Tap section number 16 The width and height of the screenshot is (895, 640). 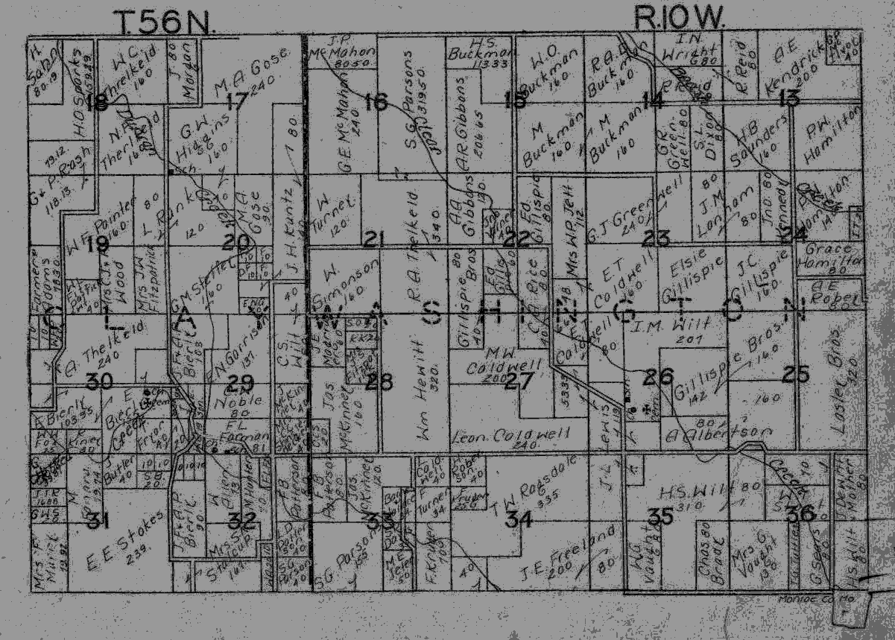pos(376,101)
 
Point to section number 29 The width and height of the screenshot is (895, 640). pos(240,383)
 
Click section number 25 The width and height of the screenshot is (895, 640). pos(795,375)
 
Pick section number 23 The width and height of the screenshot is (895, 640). pos(657,238)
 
